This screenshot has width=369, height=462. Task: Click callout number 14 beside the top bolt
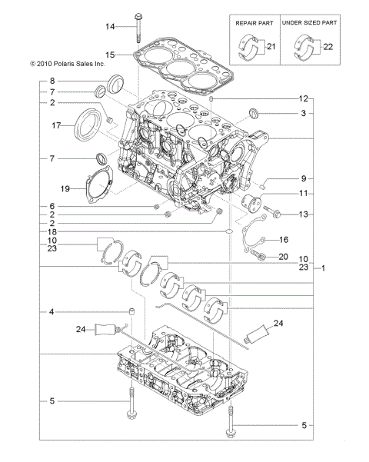pyautogui.click(x=110, y=27)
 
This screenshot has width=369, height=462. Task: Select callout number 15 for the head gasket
pyautogui.click(x=110, y=55)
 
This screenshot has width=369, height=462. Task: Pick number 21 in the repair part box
pyautogui.click(x=270, y=48)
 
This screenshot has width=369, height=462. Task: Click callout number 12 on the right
pyautogui.click(x=303, y=98)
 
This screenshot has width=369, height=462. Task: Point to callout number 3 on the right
pyautogui.click(x=303, y=113)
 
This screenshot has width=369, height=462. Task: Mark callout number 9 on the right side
pyautogui.click(x=303, y=178)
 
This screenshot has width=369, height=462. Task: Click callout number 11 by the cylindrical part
pyautogui.click(x=303, y=193)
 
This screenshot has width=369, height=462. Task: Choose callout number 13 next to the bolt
pyautogui.click(x=303, y=214)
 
